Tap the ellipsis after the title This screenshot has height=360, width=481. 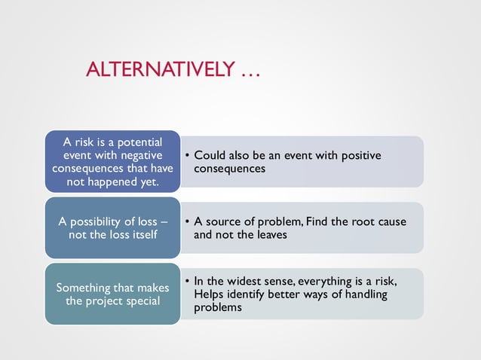point(250,72)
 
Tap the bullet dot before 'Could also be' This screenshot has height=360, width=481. point(187,156)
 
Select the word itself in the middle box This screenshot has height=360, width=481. point(142,235)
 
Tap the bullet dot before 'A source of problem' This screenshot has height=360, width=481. point(187,222)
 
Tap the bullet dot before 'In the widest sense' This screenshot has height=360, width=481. point(187,282)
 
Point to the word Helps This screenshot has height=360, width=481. point(209,294)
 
